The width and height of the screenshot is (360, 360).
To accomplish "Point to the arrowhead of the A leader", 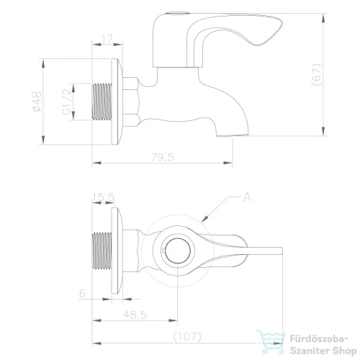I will [x=205, y=219].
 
